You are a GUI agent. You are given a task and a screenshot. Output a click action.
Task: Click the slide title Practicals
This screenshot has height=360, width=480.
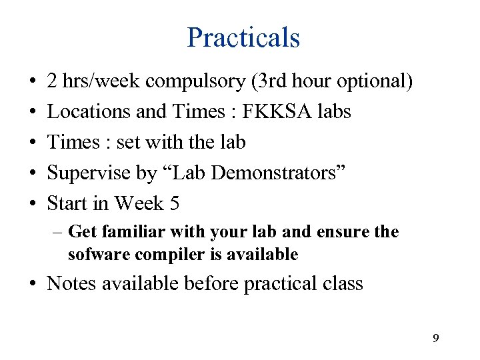243,37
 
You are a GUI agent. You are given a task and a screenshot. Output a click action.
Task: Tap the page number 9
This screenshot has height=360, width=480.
435,339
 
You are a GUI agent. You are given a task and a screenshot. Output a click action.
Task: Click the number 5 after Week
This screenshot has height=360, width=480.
175,203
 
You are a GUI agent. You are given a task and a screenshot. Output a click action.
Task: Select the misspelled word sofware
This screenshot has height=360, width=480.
95,254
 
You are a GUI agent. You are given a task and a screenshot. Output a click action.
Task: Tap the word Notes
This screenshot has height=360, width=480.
71,283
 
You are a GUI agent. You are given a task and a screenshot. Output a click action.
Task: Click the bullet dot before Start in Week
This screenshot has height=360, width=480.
33,203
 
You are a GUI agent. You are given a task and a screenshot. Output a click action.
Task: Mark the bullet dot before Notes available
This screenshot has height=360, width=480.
33,284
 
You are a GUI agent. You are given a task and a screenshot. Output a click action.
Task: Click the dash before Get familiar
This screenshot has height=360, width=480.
58,232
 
